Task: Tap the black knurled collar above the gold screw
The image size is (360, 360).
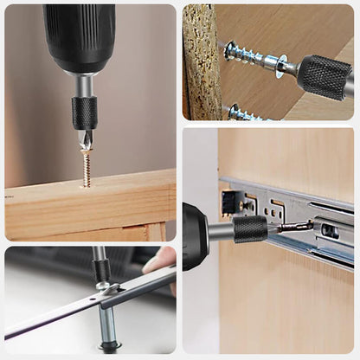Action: click(84, 113)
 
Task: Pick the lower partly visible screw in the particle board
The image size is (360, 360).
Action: click(241, 113)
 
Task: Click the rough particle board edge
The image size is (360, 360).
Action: click(200, 61)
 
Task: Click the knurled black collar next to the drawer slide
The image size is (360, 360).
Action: click(250, 229)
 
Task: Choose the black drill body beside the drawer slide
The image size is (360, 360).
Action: click(195, 236)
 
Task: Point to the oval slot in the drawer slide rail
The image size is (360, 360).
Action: click(331, 231)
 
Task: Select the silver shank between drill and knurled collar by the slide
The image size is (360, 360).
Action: click(222, 231)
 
